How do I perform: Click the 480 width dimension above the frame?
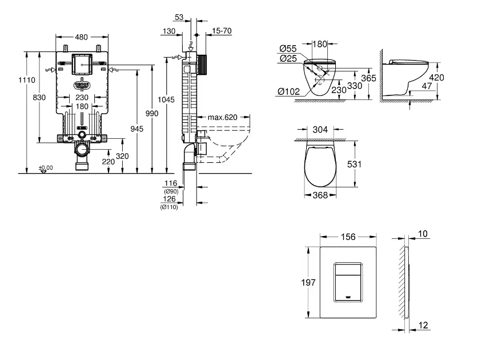[x=82, y=37]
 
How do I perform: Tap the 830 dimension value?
[x=39, y=98]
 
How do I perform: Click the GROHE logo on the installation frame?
[x=82, y=85]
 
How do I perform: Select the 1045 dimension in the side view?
[x=166, y=99]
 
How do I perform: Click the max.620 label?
[x=222, y=117]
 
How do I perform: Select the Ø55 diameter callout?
[x=289, y=49]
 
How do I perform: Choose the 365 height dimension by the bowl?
[x=368, y=79]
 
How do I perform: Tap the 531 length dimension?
[x=355, y=163]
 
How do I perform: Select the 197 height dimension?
[x=308, y=281]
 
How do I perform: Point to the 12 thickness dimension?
[x=423, y=326]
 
